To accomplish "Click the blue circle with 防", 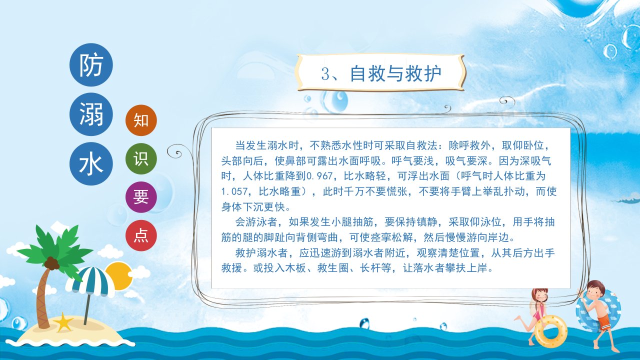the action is click(91, 65).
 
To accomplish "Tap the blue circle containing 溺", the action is click(91, 114).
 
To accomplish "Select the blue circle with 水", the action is click(91, 163).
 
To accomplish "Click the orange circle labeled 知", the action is click(141, 120).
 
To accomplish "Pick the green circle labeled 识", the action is click(141, 158).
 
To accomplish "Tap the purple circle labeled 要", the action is click(141, 197).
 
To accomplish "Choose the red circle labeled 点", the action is click(141, 235).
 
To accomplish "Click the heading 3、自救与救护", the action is click(381, 73).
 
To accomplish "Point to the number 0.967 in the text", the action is click(319, 176).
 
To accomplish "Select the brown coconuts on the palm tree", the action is click(51, 263).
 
